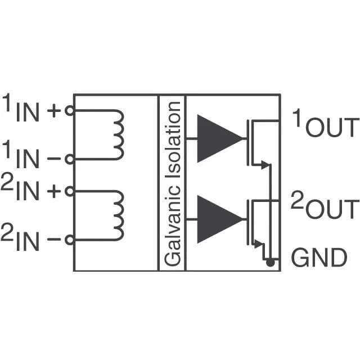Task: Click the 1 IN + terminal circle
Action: pos(70,111)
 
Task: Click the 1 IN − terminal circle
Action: pos(70,159)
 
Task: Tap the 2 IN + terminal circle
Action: pos(70,191)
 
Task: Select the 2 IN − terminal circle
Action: pos(70,240)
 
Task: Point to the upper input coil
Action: pos(124,135)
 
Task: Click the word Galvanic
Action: pos(173,226)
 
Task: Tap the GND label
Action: pos(319,258)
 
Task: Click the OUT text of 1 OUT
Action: pos(332,128)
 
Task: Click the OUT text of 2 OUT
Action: pos(332,209)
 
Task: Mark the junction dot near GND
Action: pos(270,262)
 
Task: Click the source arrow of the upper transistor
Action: pos(265,164)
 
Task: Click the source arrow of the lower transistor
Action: pos(259,244)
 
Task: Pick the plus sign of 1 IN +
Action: pos(54,111)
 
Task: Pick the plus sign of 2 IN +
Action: pos(54,191)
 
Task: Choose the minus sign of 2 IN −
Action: pos(54,240)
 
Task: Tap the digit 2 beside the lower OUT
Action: pos(298,200)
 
